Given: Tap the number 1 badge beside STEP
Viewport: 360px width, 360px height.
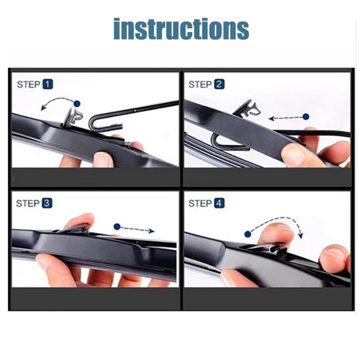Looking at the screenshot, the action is [x=48, y=84].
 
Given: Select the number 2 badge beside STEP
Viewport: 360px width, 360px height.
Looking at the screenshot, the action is [x=219, y=84].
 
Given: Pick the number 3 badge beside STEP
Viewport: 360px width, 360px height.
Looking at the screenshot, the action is [x=47, y=203].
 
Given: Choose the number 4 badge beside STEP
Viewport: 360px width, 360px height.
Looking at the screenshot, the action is [x=219, y=203].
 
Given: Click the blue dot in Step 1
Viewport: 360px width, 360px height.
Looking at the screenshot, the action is [x=77, y=104].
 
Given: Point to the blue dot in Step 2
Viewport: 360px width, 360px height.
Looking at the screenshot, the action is [x=306, y=117].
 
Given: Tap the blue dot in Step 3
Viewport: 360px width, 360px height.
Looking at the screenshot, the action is [x=117, y=227].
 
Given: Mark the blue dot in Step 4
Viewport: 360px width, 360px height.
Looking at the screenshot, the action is [x=248, y=234].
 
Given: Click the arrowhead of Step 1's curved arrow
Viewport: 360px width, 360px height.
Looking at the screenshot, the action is [x=43, y=107].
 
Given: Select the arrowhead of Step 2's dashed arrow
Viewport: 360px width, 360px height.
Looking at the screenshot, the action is [x=272, y=118].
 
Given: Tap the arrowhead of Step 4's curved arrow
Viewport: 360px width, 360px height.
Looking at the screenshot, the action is [x=301, y=235].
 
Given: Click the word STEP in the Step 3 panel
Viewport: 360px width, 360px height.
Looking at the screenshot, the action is [x=28, y=203].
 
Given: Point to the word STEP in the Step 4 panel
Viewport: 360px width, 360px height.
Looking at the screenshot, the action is [x=200, y=203].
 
